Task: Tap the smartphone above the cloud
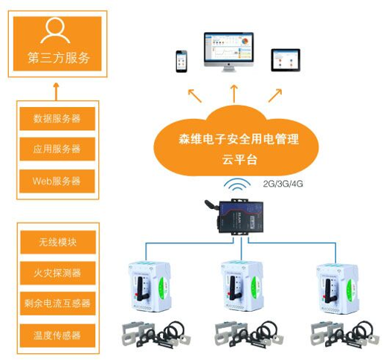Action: coord(181,61)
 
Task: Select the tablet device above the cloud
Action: coord(285,60)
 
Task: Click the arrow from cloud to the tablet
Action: coord(276,94)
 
